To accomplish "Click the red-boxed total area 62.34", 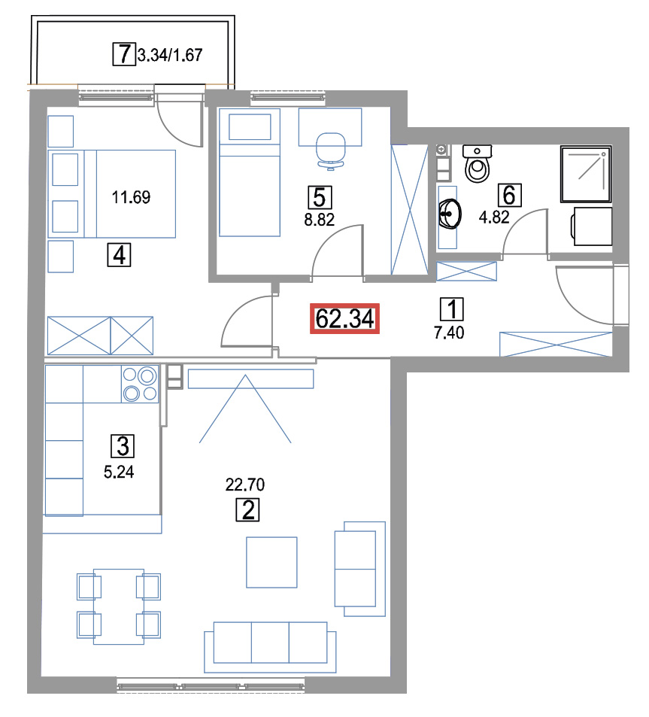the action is click(x=344, y=318).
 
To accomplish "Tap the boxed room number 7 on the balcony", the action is click(x=124, y=54).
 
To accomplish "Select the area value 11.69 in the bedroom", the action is click(x=131, y=197).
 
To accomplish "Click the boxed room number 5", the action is click(x=320, y=198).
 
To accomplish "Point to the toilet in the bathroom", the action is click(x=477, y=163).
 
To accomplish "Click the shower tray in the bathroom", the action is click(x=586, y=174).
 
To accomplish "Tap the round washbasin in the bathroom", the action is click(x=450, y=214).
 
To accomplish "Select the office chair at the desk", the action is click(x=330, y=151).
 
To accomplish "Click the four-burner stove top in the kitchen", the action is click(x=140, y=384).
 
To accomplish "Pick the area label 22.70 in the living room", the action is click(x=245, y=485).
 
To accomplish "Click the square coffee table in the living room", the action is click(x=271, y=562).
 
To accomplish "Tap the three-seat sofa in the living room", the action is click(x=270, y=646).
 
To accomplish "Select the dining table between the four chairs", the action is click(x=119, y=606).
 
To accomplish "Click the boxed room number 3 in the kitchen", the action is click(x=123, y=446).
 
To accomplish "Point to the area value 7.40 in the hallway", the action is click(x=449, y=333).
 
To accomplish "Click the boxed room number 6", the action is click(x=510, y=196).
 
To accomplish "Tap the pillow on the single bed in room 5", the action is click(x=250, y=126).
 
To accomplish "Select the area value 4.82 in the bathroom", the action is click(x=494, y=217).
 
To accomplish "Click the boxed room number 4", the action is click(x=120, y=255).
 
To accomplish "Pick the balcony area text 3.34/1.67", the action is click(x=170, y=56).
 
